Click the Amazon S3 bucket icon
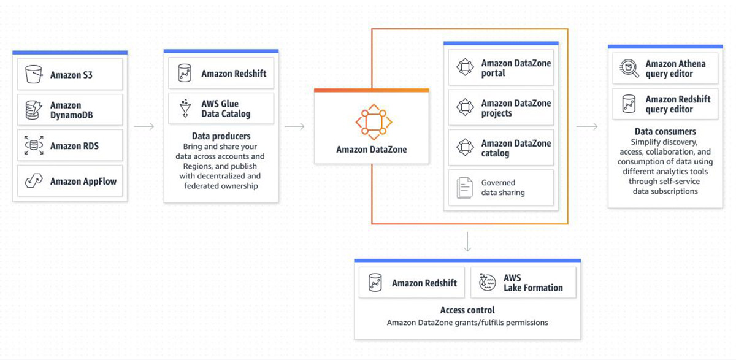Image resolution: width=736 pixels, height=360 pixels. pos(34,74)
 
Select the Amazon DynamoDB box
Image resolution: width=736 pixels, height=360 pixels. pos(70,110)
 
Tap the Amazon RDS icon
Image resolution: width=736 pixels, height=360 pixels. pos(34,145)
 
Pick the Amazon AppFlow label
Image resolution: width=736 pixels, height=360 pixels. pos(83,182)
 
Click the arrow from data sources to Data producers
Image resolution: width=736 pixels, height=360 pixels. pos(144,126)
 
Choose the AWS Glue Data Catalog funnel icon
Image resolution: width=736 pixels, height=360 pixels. pos(185,108)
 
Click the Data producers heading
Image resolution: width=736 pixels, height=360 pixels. pos(221,136)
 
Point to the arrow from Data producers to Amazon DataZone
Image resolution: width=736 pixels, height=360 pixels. pos(294,126)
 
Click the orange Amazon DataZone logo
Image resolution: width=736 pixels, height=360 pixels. pos(374,122)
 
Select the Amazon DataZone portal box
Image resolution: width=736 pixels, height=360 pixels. pos(501,67)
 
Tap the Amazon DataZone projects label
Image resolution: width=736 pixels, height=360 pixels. pos(516,108)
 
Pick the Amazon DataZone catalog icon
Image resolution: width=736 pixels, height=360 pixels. pos(466,147)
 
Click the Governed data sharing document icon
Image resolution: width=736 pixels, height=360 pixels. pos(465,188)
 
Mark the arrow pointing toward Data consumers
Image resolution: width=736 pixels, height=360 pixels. pos(587,126)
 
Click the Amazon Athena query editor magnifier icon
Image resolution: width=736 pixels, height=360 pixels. pos(629,68)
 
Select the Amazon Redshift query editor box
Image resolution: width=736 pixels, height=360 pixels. pos(665,104)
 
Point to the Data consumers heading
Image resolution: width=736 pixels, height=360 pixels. pos(665,131)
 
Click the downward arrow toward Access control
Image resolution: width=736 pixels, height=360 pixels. pos(467,242)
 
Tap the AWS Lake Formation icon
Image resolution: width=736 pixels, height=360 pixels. pos(487,282)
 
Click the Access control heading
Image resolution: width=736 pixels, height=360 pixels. pos(467,310)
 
